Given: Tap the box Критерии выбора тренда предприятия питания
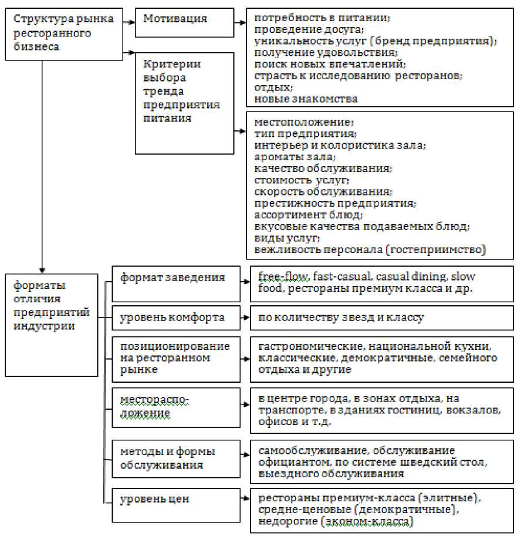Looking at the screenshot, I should point(182,103).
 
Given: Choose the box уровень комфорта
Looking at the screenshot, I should point(175,318).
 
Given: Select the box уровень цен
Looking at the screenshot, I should point(175,500).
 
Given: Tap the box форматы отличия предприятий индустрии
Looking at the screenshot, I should point(52,325).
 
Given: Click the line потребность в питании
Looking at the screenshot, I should point(322,18).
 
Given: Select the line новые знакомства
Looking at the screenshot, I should point(306,99).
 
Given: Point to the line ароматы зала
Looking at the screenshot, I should point(295,157).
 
